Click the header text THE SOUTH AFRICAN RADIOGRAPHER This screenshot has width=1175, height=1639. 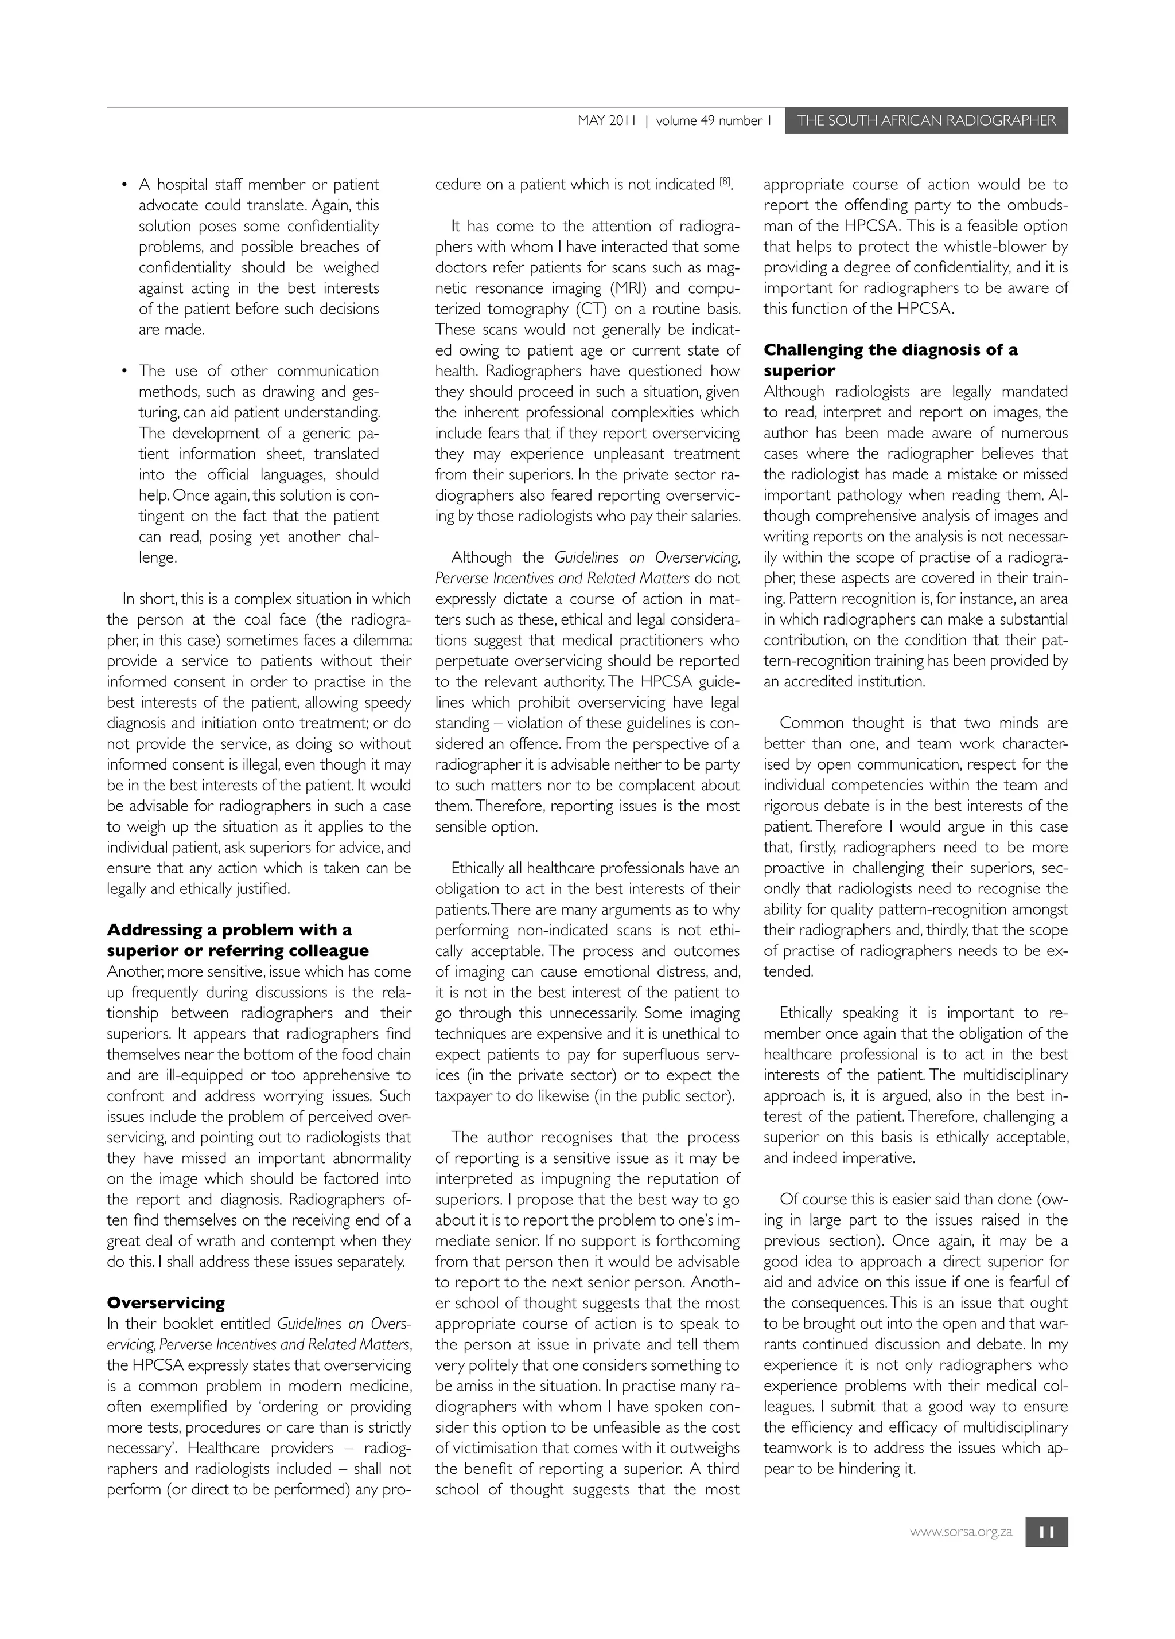[x=925, y=120]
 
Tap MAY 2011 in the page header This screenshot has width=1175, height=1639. [x=606, y=120]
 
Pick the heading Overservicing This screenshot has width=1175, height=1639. [x=166, y=1303]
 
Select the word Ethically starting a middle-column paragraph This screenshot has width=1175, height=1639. [x=477, y=868]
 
